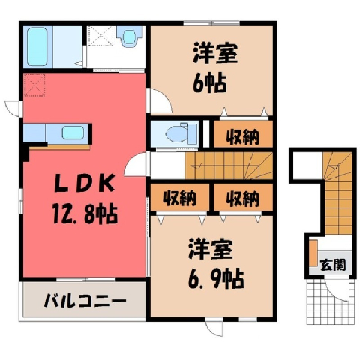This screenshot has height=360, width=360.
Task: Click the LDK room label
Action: tap(85, 184)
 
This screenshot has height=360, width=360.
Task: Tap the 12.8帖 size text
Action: tap(85, 214)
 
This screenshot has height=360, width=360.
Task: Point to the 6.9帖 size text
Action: tap(216, 277)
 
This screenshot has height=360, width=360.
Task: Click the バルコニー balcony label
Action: tap(85, 301)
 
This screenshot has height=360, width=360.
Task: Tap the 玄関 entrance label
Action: tap(334, 265)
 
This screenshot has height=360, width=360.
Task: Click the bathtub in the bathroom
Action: tap(37, 46)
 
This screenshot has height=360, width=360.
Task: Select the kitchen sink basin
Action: tap(73, 133)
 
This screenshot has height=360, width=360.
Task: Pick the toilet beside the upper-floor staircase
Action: tap(181, 134)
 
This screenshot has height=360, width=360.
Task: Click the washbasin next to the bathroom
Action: tap(129, 37)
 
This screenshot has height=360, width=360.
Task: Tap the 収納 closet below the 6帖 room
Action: tap(242, 137)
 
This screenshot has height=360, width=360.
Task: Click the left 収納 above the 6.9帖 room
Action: tap(179, 198)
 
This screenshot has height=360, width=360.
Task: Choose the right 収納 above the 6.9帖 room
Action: tap(242, 198)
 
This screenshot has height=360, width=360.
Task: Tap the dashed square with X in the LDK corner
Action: tap(34, 85)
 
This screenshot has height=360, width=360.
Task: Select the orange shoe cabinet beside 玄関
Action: tap(313, 253)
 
